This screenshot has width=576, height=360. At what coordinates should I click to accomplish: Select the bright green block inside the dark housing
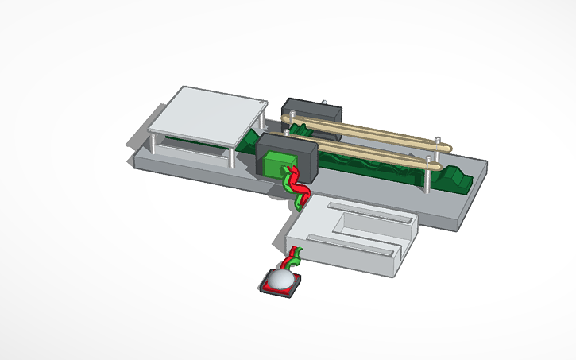point(276,165)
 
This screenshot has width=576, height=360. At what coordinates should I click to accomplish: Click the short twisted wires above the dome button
point(292,257)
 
